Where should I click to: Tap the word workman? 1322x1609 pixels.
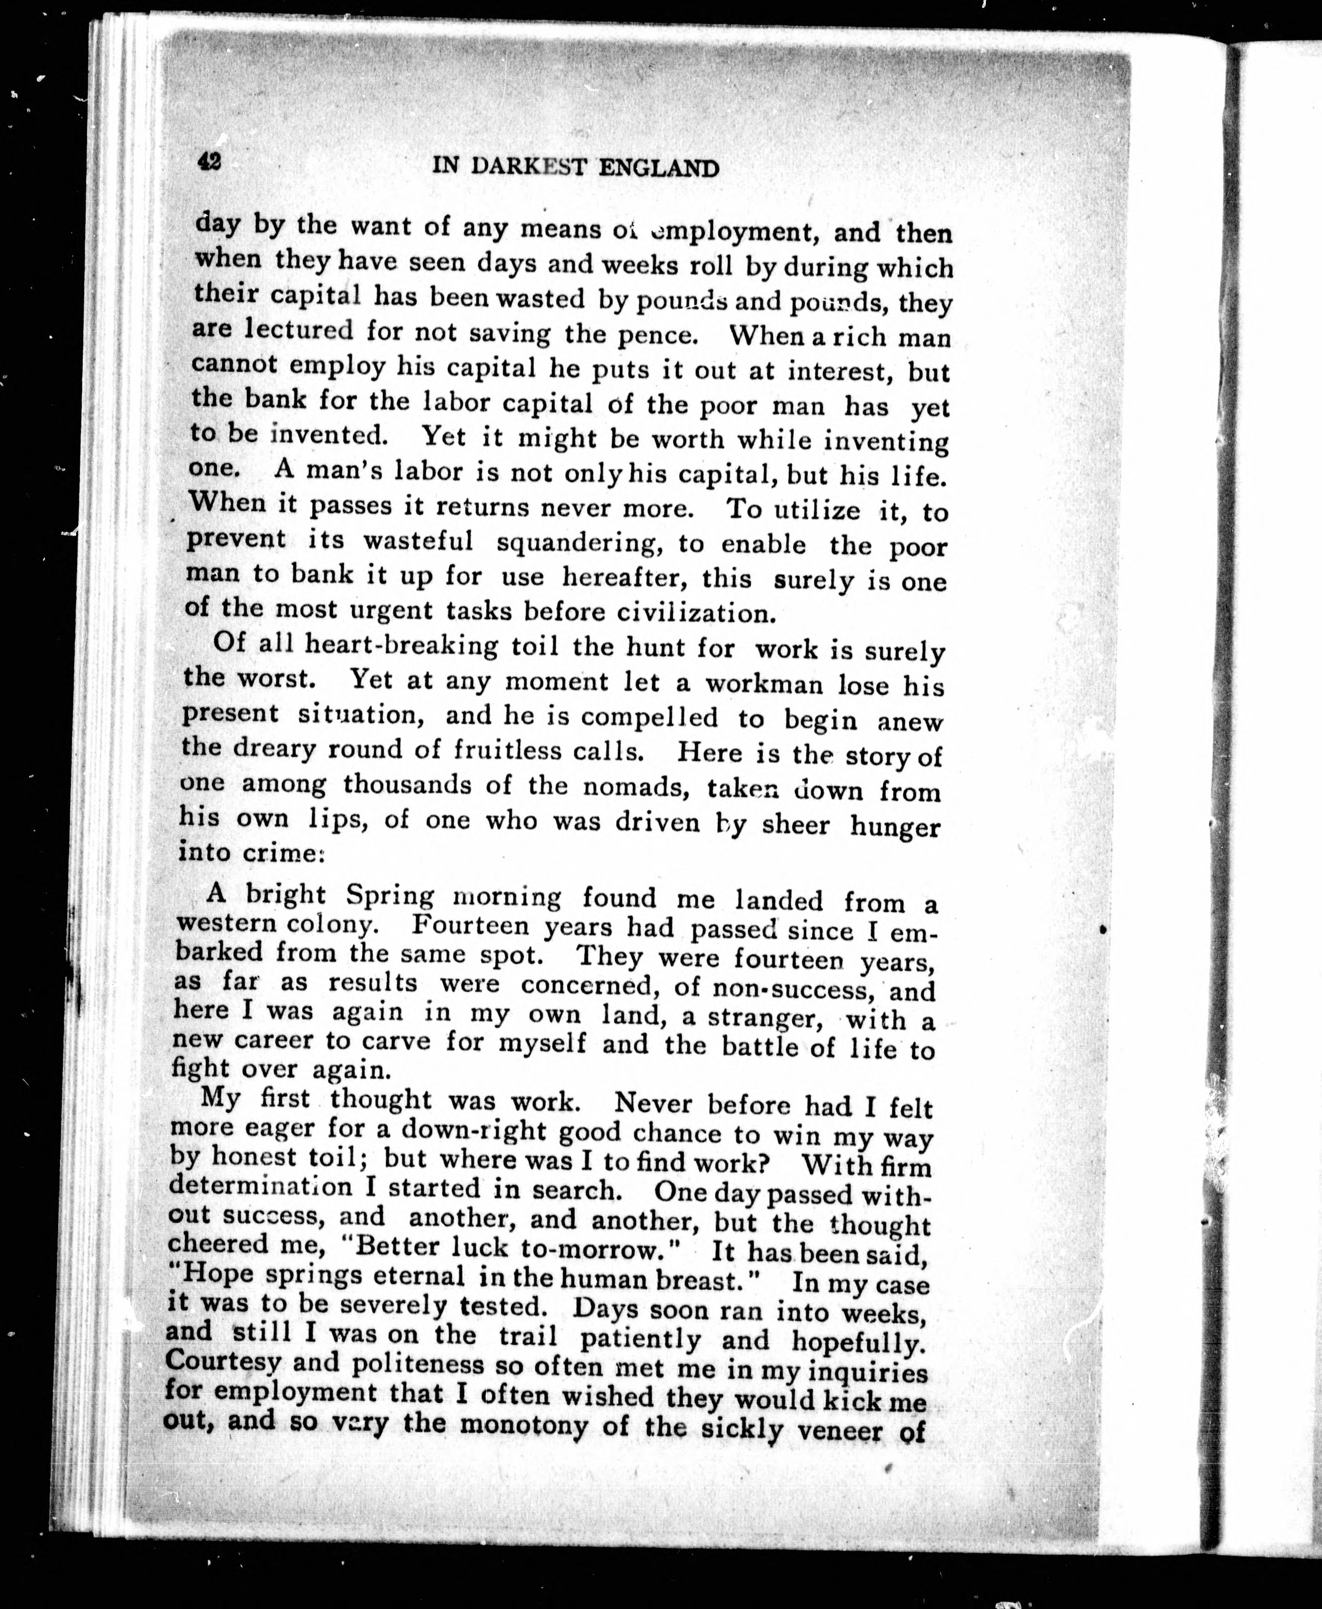(764, 683)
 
